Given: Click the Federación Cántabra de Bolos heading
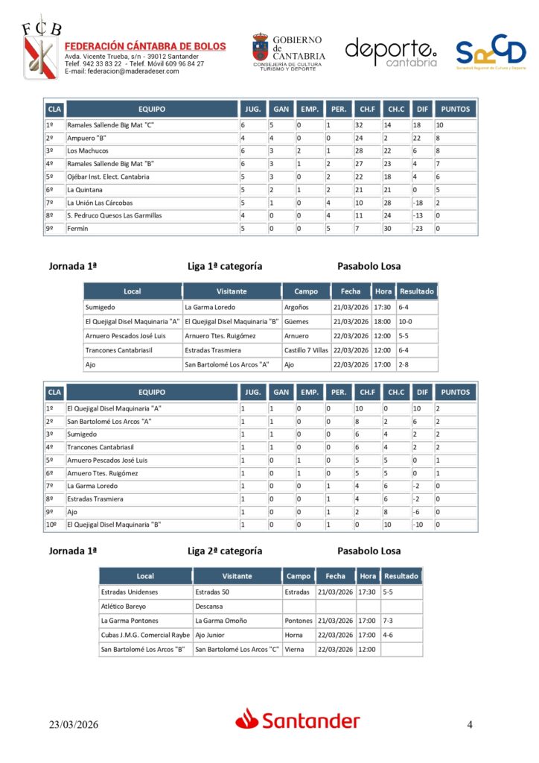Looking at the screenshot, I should [145, 46].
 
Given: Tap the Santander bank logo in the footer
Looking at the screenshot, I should [298, 720].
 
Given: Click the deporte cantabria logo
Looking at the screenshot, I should [391, 52].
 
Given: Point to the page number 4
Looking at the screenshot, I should [470, 724].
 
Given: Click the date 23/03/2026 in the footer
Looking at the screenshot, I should [74, 724].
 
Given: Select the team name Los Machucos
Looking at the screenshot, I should [88, 151].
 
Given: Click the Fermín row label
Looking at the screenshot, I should [77, 229].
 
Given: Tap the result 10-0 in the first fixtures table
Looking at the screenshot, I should [407, 321].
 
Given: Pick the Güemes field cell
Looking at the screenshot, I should [295, 321].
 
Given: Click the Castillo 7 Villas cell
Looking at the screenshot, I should [306, 350].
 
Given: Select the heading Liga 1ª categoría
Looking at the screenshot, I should [225, 266].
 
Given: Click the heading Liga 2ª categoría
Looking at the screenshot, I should [225, 551].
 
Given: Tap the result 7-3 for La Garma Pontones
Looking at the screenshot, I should [389, 621].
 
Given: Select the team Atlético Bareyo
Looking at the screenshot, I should [123, 607].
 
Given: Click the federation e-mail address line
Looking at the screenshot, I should [122, 72].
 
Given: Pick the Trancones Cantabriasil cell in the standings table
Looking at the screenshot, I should [101, 447].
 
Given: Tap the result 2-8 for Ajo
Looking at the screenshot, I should [405, 364].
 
